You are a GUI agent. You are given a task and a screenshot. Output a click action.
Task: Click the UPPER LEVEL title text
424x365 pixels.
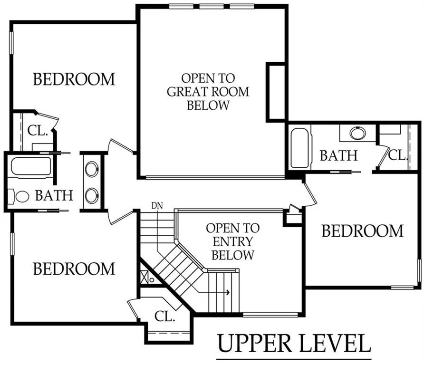(294, 343)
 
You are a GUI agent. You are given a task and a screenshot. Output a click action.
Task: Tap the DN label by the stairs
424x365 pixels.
(157, 206)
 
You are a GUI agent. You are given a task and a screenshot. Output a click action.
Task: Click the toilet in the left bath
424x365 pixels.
(19, 196)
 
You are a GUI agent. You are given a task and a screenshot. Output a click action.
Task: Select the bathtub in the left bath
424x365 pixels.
(31, 167)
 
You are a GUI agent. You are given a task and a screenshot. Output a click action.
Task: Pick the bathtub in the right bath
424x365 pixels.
(300, 148)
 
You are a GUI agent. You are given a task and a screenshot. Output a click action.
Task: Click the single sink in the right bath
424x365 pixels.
(358, 133)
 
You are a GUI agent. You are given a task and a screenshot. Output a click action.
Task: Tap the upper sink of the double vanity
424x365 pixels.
(92, 169)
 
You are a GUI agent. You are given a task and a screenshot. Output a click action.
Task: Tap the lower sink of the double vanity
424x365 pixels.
(92, 195)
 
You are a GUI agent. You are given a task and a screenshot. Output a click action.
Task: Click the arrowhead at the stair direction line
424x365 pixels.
(229, 292)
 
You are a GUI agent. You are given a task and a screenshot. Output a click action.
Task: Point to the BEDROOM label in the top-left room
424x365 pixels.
(74, 79)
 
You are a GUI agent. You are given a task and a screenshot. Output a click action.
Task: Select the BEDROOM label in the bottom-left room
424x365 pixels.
(74, 269)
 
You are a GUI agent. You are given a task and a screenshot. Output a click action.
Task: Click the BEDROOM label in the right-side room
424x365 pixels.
(363, 231)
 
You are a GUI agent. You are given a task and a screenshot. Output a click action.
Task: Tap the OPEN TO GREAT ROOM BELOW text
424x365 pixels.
(208, 92)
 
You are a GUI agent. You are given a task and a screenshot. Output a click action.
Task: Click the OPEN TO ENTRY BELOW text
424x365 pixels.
(233, 241)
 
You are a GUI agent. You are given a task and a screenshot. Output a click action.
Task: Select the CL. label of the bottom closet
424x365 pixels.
(164, 317)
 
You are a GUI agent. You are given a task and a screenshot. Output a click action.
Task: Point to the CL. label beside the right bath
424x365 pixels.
(398, 155)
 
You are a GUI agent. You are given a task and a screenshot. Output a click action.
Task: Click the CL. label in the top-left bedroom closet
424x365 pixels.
(38, 131)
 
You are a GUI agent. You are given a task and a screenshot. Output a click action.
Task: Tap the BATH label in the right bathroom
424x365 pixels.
(339, 155)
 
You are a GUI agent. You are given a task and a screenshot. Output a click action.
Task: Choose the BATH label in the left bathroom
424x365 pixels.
(54, 195)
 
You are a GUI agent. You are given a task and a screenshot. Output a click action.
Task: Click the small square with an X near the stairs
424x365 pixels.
(144, 278)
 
